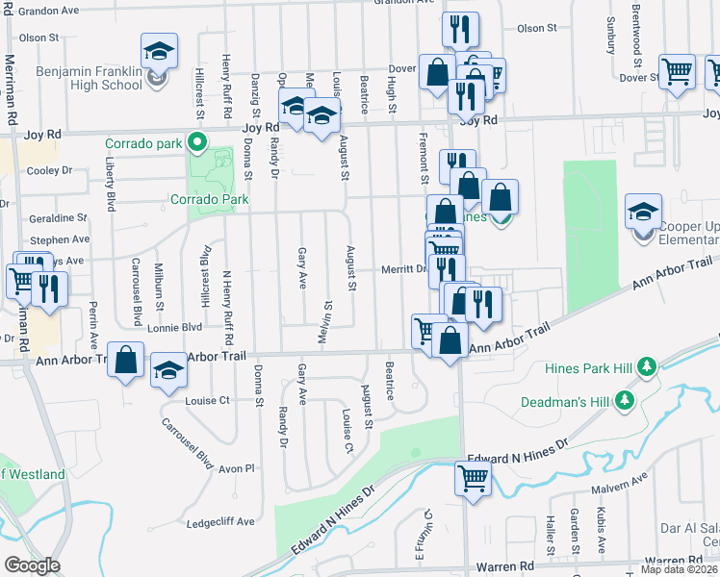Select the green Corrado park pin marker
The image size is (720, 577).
coord(197,143)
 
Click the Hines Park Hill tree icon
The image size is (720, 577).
coord(647,366)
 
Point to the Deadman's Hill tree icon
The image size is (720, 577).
coord(627,398)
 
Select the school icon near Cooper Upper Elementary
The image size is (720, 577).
coord(643,212)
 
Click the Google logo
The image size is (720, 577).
coord(32,565)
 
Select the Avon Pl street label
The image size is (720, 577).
coord(234,468)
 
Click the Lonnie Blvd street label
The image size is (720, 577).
coord(175,327)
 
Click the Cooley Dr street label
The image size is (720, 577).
coord(50,171)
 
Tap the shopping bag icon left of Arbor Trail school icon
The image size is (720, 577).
coord(125,360)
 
